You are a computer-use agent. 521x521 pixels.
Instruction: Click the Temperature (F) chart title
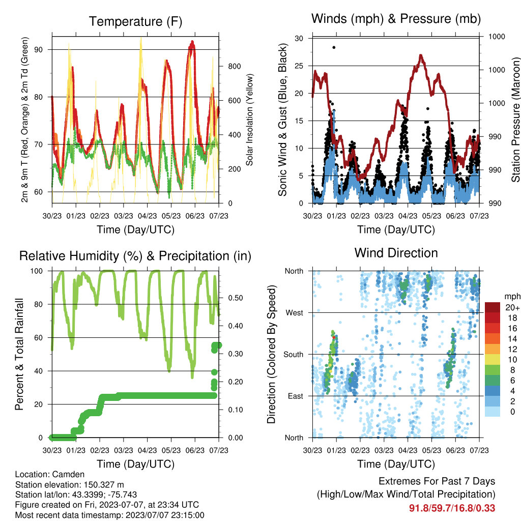tap(135, 21)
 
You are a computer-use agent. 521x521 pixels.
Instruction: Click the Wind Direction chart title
tap(396, 253)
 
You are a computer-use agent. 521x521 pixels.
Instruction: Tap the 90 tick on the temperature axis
tap(39, 49)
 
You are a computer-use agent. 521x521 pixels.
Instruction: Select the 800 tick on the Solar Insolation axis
tap(234, 67)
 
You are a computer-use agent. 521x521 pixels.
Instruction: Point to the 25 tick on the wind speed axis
tap(299, 66)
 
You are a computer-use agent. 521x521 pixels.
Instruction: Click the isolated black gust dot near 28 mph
tap(334, 47)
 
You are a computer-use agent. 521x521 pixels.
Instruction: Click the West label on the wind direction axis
tap(295, 313)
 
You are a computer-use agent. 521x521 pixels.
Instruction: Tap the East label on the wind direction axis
tap(296, 396)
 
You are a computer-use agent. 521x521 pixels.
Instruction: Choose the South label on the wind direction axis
tap(294, 355)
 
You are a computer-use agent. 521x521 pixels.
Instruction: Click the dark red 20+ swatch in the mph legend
tap(493, 307)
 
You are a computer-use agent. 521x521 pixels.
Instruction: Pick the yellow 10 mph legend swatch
tap(493, 360)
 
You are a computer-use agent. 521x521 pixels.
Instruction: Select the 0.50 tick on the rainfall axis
tap(235, 298)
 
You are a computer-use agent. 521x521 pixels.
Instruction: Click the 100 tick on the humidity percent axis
tap(37, 271)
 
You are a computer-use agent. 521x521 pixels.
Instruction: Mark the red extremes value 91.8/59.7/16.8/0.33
tap(452, 508)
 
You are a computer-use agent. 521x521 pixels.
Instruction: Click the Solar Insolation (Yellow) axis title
tap(249, 120)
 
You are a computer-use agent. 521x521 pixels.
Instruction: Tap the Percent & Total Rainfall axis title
tap(19, 354)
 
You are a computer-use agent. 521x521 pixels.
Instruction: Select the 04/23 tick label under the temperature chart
tap(147, 216)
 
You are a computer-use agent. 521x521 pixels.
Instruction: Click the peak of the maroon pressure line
tap(421, 55)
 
